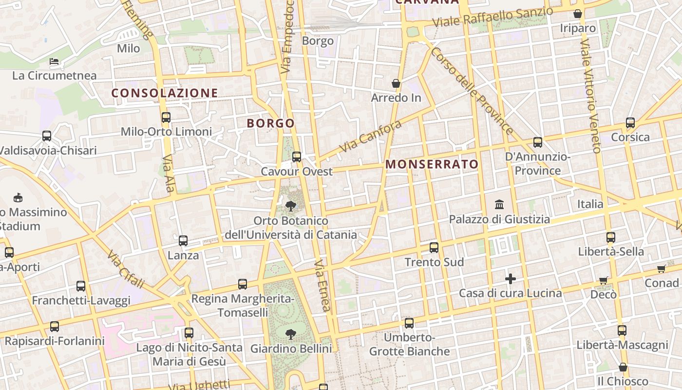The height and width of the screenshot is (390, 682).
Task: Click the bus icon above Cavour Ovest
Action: click(296, 157)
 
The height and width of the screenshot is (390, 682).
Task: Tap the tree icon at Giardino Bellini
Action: click(291, 334)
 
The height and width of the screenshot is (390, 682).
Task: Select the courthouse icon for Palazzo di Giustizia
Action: click(499, 204)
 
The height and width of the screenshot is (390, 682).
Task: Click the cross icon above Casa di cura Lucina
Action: click(510, 279)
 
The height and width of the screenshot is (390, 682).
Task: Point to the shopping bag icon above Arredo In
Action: click(396, 83)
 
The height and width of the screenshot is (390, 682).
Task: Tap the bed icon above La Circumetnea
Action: click(54, 61)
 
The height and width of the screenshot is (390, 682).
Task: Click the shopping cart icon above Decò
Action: click(604, 280)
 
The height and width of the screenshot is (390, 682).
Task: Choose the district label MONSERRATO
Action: click(432, 164)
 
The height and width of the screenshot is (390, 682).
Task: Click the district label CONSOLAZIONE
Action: click(165, 93)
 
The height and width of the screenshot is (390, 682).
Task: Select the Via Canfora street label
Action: click(371, 136)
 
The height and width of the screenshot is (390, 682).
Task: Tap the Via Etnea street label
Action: click(322, 285)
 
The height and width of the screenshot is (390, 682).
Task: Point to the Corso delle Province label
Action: click(471, 91)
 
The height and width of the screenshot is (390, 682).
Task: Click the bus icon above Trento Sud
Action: click(434, 248)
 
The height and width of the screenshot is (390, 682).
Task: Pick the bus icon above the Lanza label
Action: click(183, 241)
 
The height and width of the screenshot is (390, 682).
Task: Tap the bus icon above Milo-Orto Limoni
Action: click(166, 117)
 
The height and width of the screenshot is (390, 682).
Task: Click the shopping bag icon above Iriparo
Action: click(578, 14)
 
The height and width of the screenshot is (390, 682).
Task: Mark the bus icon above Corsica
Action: click(630, 123)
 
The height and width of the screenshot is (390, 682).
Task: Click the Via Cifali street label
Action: click(126, 269)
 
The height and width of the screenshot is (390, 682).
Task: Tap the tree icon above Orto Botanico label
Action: click(291, 206)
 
